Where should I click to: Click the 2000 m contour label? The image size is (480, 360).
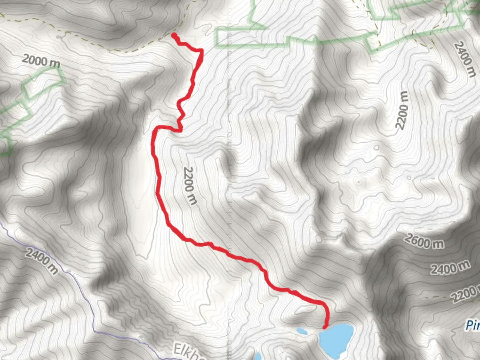[41, 61]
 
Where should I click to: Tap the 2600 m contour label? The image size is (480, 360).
[424, 241]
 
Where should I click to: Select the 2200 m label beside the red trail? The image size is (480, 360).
[190, 185]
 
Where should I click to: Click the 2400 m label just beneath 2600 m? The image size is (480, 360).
[450, 268]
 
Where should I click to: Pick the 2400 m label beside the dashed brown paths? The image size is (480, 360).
[465, 59]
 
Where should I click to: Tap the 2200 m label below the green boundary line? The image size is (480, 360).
[402, 110]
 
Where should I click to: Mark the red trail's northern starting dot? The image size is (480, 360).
[174, 35]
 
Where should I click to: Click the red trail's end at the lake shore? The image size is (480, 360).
[324, 328]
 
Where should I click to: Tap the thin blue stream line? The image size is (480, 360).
[83, 293]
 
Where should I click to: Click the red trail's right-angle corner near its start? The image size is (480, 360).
[201, 50]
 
